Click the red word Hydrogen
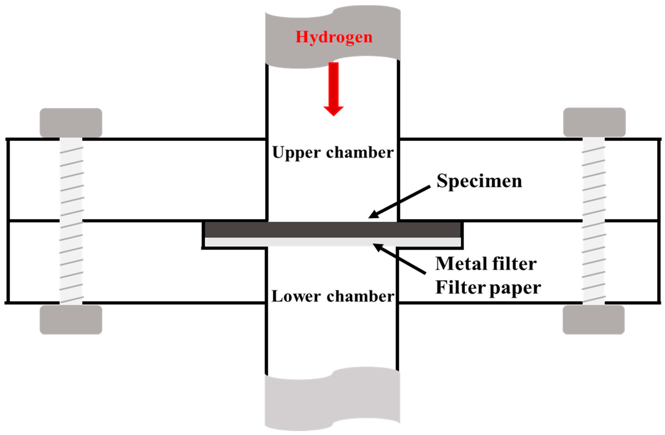pos(334,37)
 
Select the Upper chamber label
pos(333,152)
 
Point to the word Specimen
pos(479,181)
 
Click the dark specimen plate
pos(333,230)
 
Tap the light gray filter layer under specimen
pos(333,242)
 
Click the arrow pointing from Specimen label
pos(400,202)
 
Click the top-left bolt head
pos(71,122)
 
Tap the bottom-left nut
pos(71,319)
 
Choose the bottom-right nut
pos(594,319)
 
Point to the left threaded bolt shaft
pos(71,220)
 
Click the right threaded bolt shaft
pos(594,220)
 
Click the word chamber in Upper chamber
pos(360,152)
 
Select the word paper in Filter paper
pos(515,288)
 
